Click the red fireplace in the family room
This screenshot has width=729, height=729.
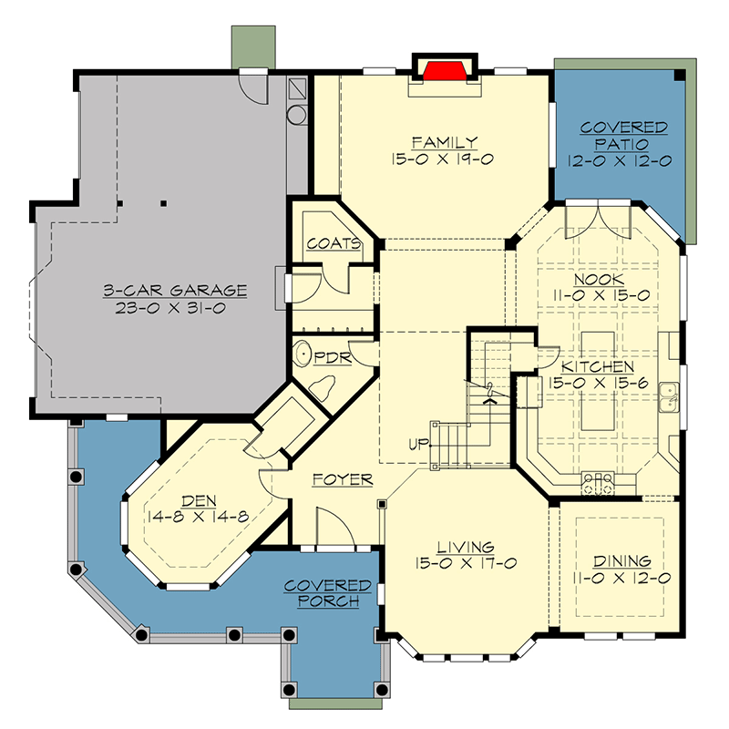pyautogui.click(x=443, y=70)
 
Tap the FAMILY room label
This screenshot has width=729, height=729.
pyautogui.click(x=444, y=142)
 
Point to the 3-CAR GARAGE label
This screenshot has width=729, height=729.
pyautogui.click(x=174, y=291)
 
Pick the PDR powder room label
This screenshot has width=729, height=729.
pyautogui.click(x=333, y=357)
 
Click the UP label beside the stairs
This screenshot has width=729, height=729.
pyautogui.click(x=420, y=445)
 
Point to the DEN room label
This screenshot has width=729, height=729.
pyautogui.click(x=200, y=500)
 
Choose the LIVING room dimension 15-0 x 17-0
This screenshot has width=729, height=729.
pyautogui.click(x=465, y=563)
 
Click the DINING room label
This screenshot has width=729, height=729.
pyautogui.click(x=622, y=561)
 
